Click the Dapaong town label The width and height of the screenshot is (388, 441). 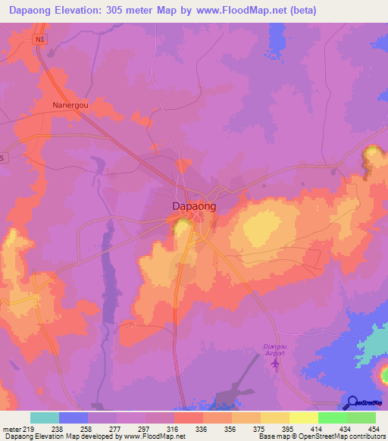pos(192,206)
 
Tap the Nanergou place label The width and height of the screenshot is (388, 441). pos(70,105)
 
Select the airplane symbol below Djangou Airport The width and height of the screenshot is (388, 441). pos(275,365)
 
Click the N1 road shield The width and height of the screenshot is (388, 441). pos(39,39)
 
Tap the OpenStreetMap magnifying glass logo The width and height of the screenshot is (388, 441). pos(352,403)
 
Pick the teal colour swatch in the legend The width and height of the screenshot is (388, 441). pos(45,418)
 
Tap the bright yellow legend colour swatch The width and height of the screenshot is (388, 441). pos(303,418)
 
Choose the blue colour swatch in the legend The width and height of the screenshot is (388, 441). pos(74,418)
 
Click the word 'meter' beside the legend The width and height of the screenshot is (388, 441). pos(11,428)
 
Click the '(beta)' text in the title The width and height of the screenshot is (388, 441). pos(298,11)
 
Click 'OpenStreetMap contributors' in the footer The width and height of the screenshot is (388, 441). pos(339,436)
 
